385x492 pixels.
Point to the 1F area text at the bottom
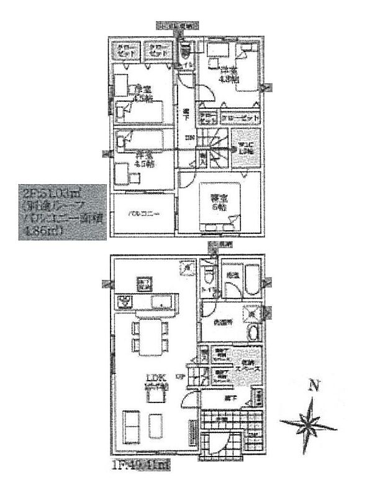(140, 463)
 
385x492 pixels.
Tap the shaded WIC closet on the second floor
(245, 149)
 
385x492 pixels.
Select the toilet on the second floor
(184, 51)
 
